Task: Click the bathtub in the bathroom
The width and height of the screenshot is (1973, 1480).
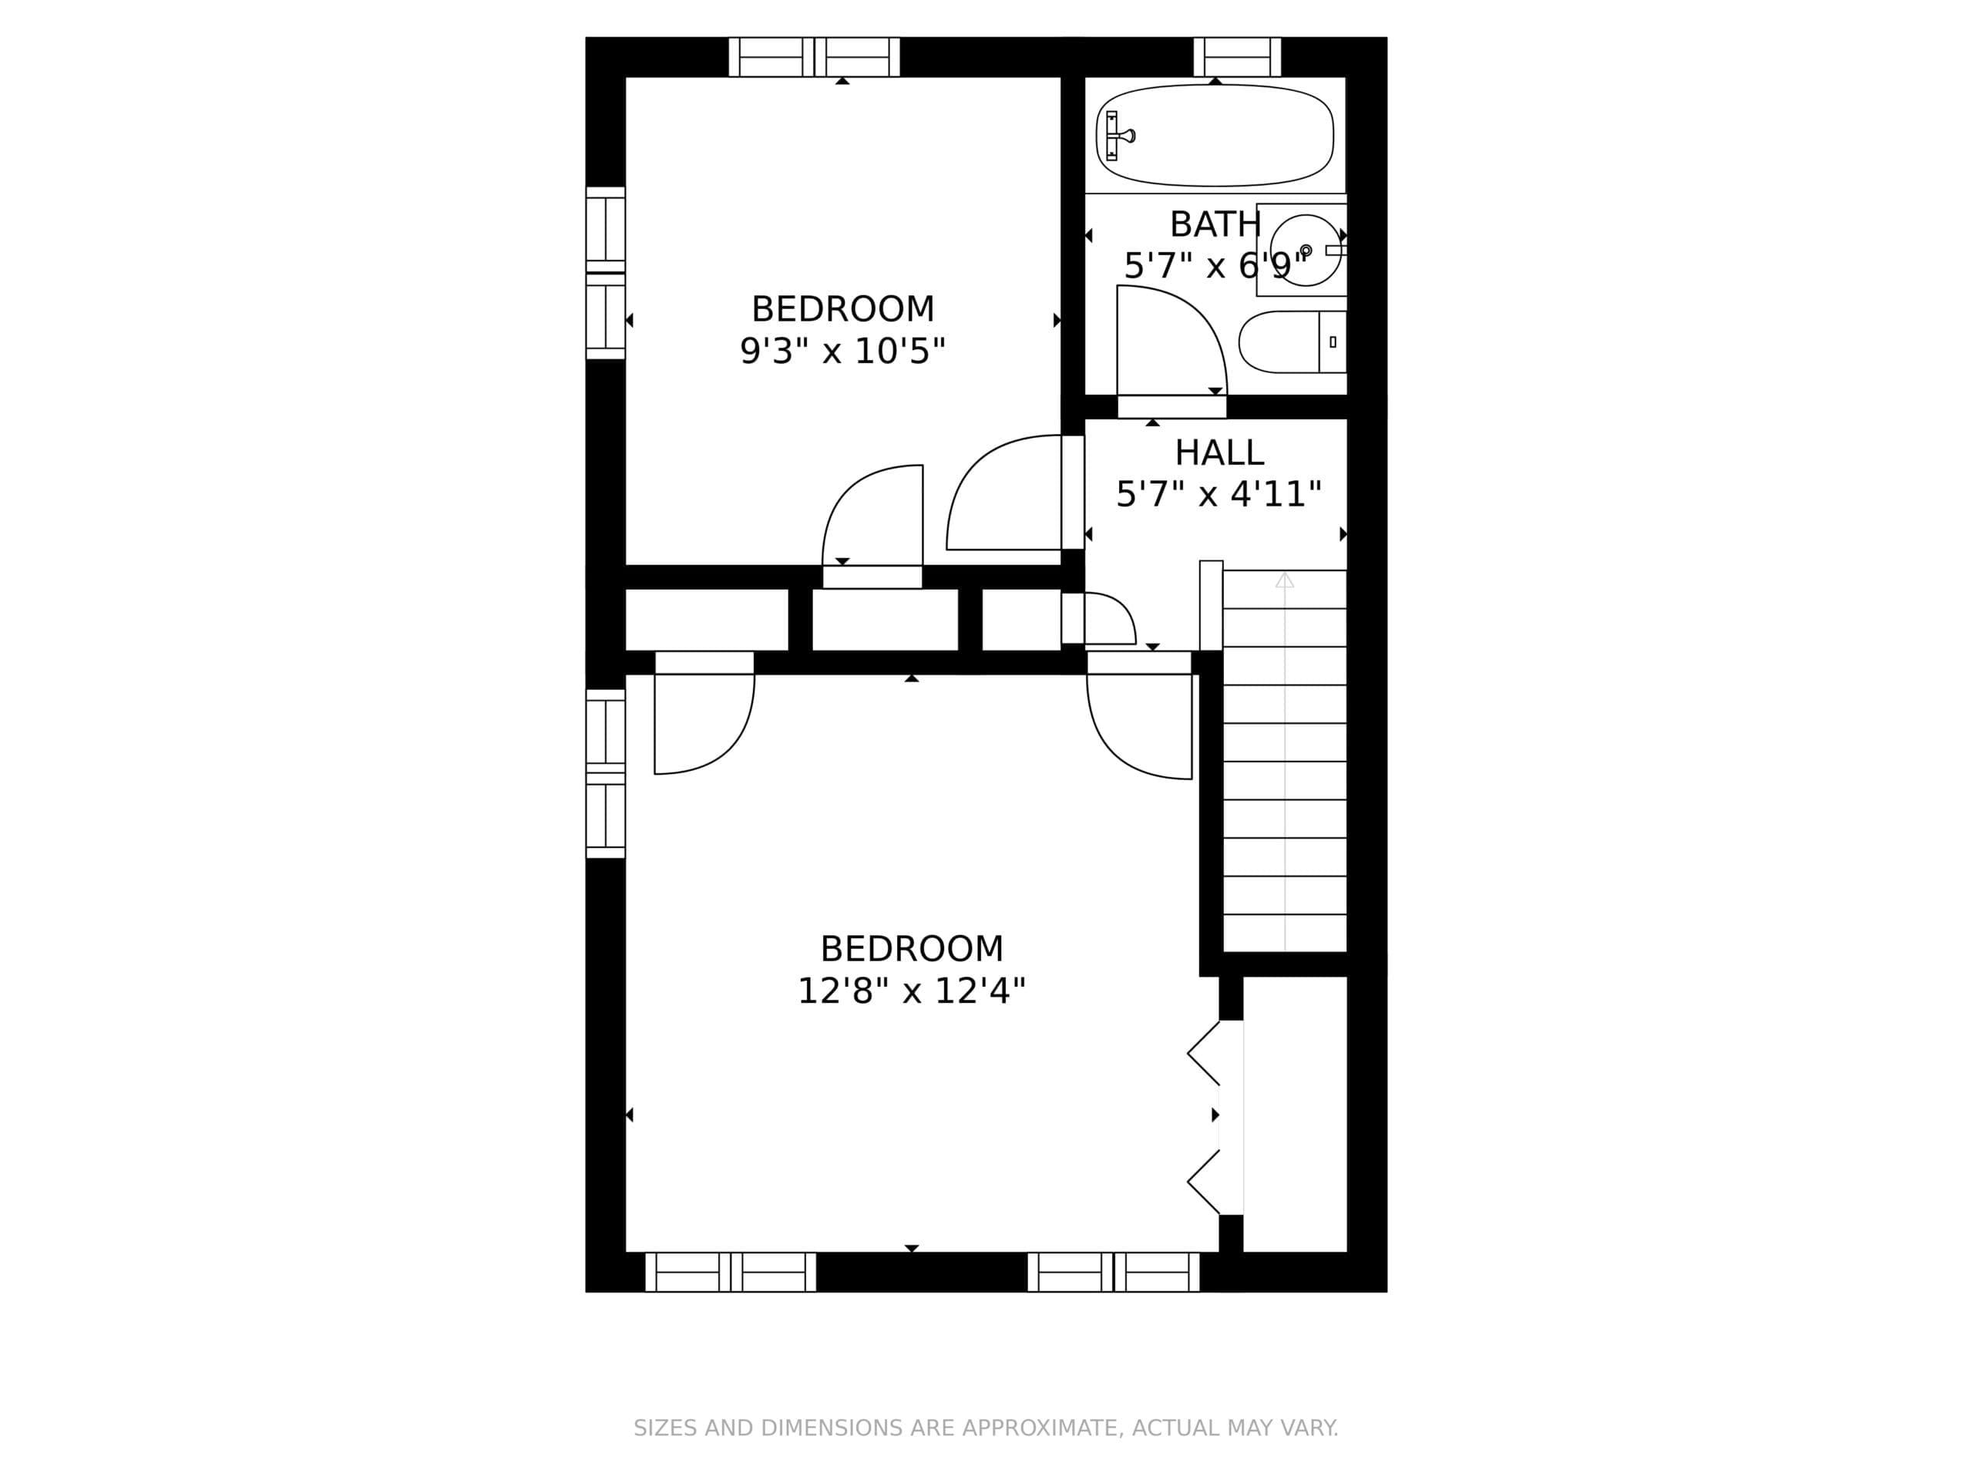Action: [1215, 136]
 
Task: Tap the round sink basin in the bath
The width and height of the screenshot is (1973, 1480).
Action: [1306, 250]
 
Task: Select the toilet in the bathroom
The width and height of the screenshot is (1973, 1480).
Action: [1292, 341]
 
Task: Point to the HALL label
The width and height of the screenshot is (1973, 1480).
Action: [1219, 452]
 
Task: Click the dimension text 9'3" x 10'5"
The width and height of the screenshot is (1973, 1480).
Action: [842, 351]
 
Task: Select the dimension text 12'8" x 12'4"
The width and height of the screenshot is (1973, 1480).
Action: [912, 991]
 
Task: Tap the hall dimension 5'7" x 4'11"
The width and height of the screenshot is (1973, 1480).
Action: [1219, 493]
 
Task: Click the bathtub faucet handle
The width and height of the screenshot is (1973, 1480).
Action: [1121, 136]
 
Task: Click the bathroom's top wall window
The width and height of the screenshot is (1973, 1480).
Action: [1237, 57]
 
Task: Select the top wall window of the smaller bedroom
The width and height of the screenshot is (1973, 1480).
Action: [815, 57]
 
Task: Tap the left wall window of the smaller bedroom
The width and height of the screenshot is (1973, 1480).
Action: [606, 273]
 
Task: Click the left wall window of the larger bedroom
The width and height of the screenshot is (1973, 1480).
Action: [606, 773]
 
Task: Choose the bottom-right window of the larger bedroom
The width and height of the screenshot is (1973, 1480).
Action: [1113, 1272]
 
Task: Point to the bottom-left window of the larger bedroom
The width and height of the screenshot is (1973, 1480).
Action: [731, 1272]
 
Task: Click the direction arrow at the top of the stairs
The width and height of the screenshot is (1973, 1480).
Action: [1285, 580]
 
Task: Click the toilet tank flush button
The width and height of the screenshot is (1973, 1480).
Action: [1333, 341]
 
